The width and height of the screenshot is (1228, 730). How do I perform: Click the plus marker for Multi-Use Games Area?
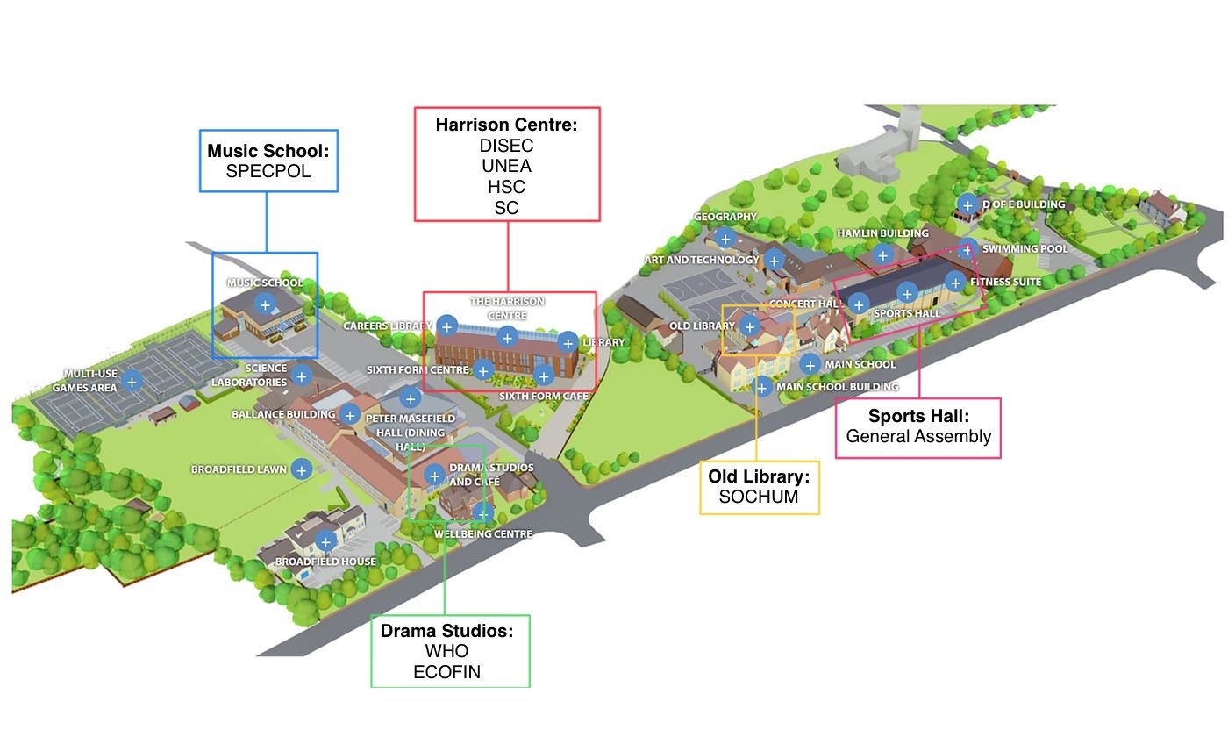coord(132,381)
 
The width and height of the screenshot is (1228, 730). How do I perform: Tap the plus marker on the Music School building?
coord(265,304)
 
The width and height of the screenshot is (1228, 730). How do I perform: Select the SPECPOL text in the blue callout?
coord(268,171)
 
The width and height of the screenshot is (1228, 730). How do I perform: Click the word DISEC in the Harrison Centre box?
coord(507,146)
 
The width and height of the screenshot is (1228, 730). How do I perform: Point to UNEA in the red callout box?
coord(507,166)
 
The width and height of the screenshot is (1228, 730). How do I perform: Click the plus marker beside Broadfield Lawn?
coord(302,469)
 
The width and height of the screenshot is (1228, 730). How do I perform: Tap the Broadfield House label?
coord(325,562)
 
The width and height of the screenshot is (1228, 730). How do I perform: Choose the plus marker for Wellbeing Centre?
coord(482,512)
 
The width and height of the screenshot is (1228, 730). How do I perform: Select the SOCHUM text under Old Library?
coord(760,497)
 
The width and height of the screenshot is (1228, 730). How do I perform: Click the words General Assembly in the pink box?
coord(918,436)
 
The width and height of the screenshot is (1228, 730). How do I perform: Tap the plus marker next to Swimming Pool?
coord(967,248)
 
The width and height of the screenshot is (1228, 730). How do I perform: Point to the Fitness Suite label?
coord(1005,282)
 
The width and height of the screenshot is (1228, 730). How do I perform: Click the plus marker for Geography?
coord(725,237)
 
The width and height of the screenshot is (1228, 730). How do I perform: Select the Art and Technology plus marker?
coord(774,260)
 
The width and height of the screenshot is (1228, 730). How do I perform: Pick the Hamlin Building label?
coord(882,233)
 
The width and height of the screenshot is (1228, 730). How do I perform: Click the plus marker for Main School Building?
coord(763,386)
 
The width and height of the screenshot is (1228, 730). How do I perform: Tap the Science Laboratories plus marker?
coord(302,376)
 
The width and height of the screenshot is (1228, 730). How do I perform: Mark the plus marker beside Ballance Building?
coord(350,414)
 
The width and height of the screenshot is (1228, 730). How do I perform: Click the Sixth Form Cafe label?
coord(543,397)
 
